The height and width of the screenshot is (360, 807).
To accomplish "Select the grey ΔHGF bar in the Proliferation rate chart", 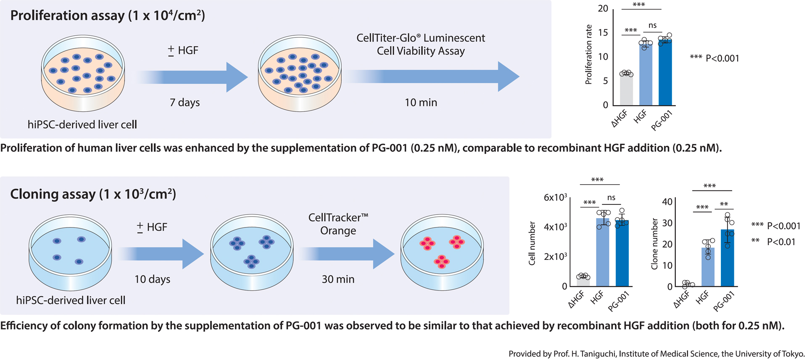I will (626, 90).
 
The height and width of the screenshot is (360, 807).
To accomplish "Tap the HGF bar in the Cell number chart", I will (603, 252).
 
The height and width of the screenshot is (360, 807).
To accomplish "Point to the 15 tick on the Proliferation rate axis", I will (603, 33).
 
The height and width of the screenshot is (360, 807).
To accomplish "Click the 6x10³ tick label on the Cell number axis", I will (555, 197).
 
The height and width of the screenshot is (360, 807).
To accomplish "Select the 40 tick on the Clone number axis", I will (667, 202).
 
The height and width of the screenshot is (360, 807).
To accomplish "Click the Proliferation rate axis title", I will (588, 55).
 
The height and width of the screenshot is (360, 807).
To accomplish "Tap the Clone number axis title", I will (654, 244).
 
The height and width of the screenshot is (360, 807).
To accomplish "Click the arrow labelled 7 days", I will (193, 77).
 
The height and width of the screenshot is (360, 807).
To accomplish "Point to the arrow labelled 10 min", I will (433, 77).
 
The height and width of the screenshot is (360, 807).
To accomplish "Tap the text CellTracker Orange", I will (338, 224).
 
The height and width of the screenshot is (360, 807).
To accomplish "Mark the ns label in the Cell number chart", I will (611, 198).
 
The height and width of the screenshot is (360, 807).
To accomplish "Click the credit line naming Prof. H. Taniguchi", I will (657, 354).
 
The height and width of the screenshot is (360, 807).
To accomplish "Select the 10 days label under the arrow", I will (152, 279).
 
